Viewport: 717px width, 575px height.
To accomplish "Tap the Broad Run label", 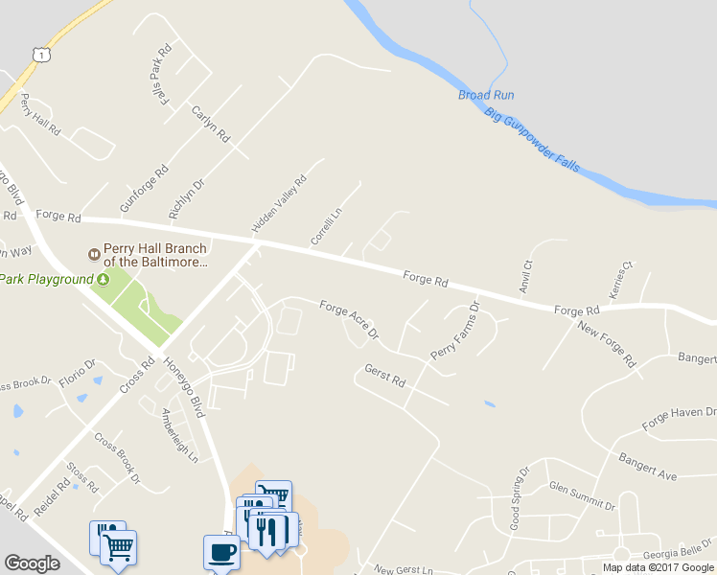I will (x=486, y=95).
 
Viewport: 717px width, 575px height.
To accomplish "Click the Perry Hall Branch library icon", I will (x=94, y=254).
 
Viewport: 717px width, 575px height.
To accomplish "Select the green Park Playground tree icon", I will (x=102, y=279).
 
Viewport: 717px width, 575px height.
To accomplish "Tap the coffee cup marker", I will (x=220, y=554).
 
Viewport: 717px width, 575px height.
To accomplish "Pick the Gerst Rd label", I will (x=385, y=375).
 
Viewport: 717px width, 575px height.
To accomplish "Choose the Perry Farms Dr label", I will (x=454, y=332).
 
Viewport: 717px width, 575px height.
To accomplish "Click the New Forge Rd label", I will (x=607, y=345).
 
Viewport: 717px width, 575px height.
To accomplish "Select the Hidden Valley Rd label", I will (x=279, y=204).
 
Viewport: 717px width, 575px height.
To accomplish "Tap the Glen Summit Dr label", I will (x=580, y=495).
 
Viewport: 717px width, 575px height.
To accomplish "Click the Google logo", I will (x=33, y=563).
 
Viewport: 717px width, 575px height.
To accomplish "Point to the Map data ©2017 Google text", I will (x=659, y=567).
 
